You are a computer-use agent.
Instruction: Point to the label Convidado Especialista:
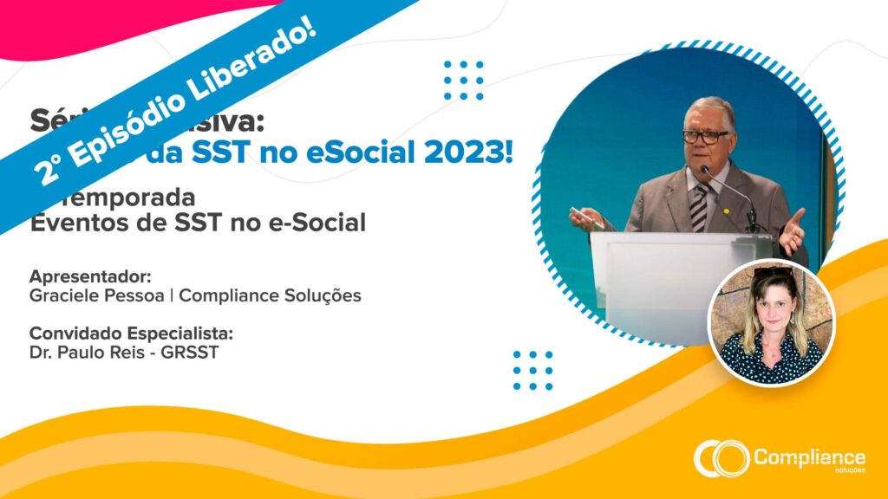click(x=132, y=334)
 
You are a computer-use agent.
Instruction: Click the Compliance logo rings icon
click(x=721, y=457)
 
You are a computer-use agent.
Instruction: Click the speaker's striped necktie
click(x=700, y=207)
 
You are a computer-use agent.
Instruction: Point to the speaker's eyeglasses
click(x=705, y=137)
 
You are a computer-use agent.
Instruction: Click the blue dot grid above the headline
click(x=463, y=80)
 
